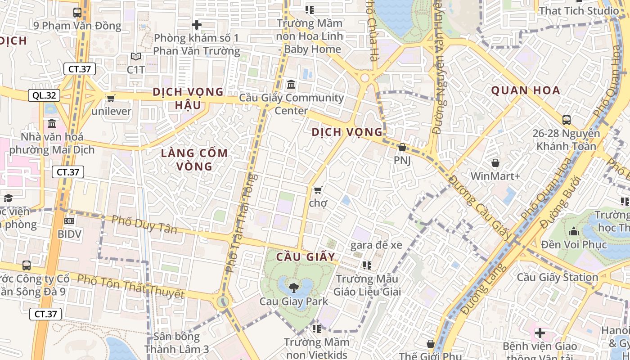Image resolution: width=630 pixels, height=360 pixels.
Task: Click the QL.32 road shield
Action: coord(44,95)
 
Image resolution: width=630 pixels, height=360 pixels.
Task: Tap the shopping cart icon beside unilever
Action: coord(111,98)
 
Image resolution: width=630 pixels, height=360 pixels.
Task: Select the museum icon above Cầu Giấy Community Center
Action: coord(291,85)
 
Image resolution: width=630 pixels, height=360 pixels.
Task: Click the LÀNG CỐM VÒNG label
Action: coord(194,160)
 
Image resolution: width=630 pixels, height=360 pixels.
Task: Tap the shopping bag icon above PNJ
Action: coord(402,147)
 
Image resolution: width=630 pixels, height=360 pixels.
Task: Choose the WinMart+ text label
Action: coord(495,176)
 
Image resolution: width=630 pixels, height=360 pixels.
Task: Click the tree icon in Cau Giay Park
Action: coord(294,287)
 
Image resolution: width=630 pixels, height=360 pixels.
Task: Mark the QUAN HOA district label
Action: coord(526,90)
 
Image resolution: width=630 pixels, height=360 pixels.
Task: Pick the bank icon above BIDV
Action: coord(69,221)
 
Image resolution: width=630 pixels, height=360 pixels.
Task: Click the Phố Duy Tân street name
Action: coord(144,225)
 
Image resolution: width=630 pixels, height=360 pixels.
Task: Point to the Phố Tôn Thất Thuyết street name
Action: coord(130,286)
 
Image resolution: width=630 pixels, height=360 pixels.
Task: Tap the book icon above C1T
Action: coord(135,57)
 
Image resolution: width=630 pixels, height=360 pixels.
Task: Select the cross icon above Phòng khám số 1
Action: coord(196,25)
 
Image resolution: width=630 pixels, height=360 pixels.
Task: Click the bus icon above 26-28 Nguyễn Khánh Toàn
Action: coord(567,120)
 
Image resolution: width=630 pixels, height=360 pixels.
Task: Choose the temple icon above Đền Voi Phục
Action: coord(574,232)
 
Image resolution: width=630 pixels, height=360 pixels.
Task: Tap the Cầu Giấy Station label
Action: coord(557,277)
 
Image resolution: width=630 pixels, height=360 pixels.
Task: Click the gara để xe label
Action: coord(376,245)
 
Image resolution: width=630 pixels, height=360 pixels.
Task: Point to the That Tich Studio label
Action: coord(579,10)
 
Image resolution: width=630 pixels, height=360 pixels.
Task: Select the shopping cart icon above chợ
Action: coord(318,190)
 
